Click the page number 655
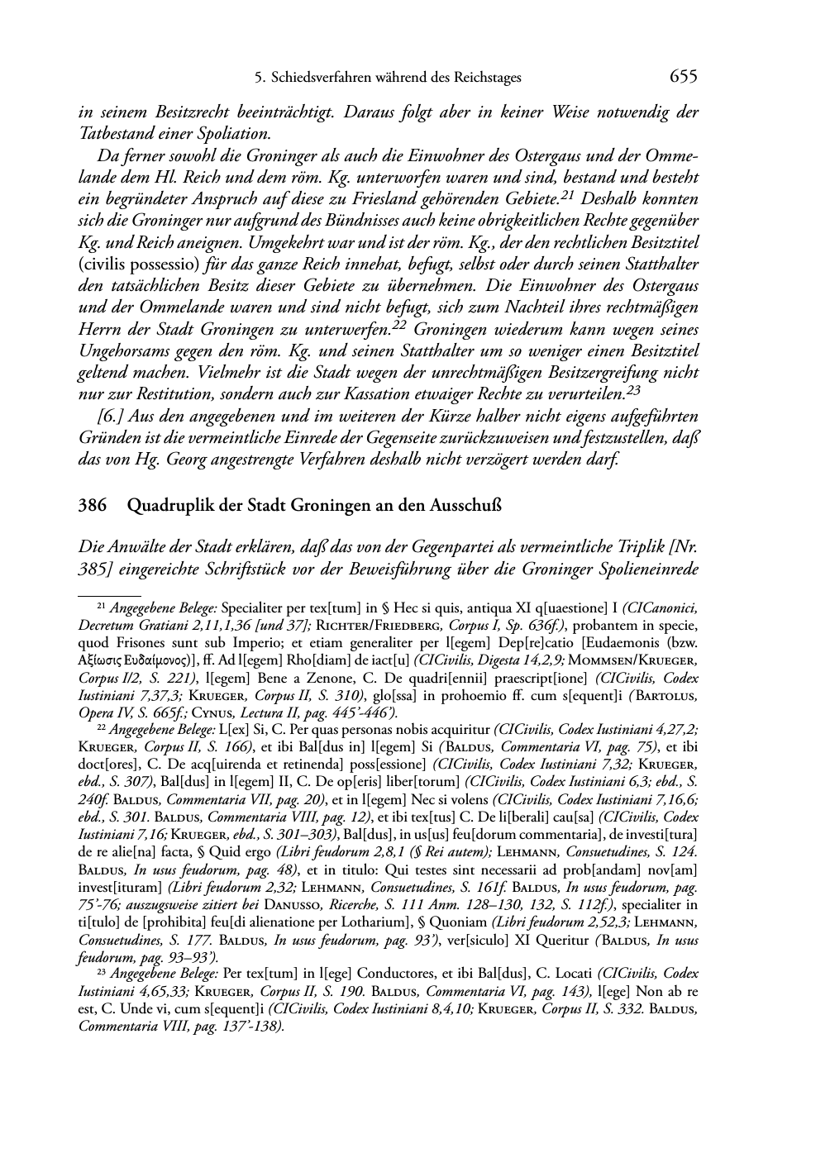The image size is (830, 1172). tap(683, 77)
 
